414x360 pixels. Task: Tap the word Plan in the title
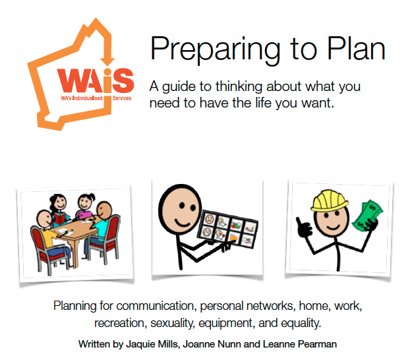click(356, 48)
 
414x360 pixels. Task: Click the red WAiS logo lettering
click(96, 80)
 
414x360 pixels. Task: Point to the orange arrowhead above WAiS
click(107, 62)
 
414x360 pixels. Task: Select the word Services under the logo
click(122, 98)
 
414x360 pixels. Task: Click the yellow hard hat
click(329, 200)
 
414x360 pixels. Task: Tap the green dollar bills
click(367, 215)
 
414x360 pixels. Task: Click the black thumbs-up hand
click(304, 227)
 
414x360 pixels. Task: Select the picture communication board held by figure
click(227, 229)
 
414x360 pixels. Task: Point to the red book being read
click(60, 218)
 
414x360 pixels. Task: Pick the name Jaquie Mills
click(152, 344)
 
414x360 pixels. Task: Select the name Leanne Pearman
click(300, 344)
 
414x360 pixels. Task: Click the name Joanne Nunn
click(212, 344)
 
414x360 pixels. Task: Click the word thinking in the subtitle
click(239, 86)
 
